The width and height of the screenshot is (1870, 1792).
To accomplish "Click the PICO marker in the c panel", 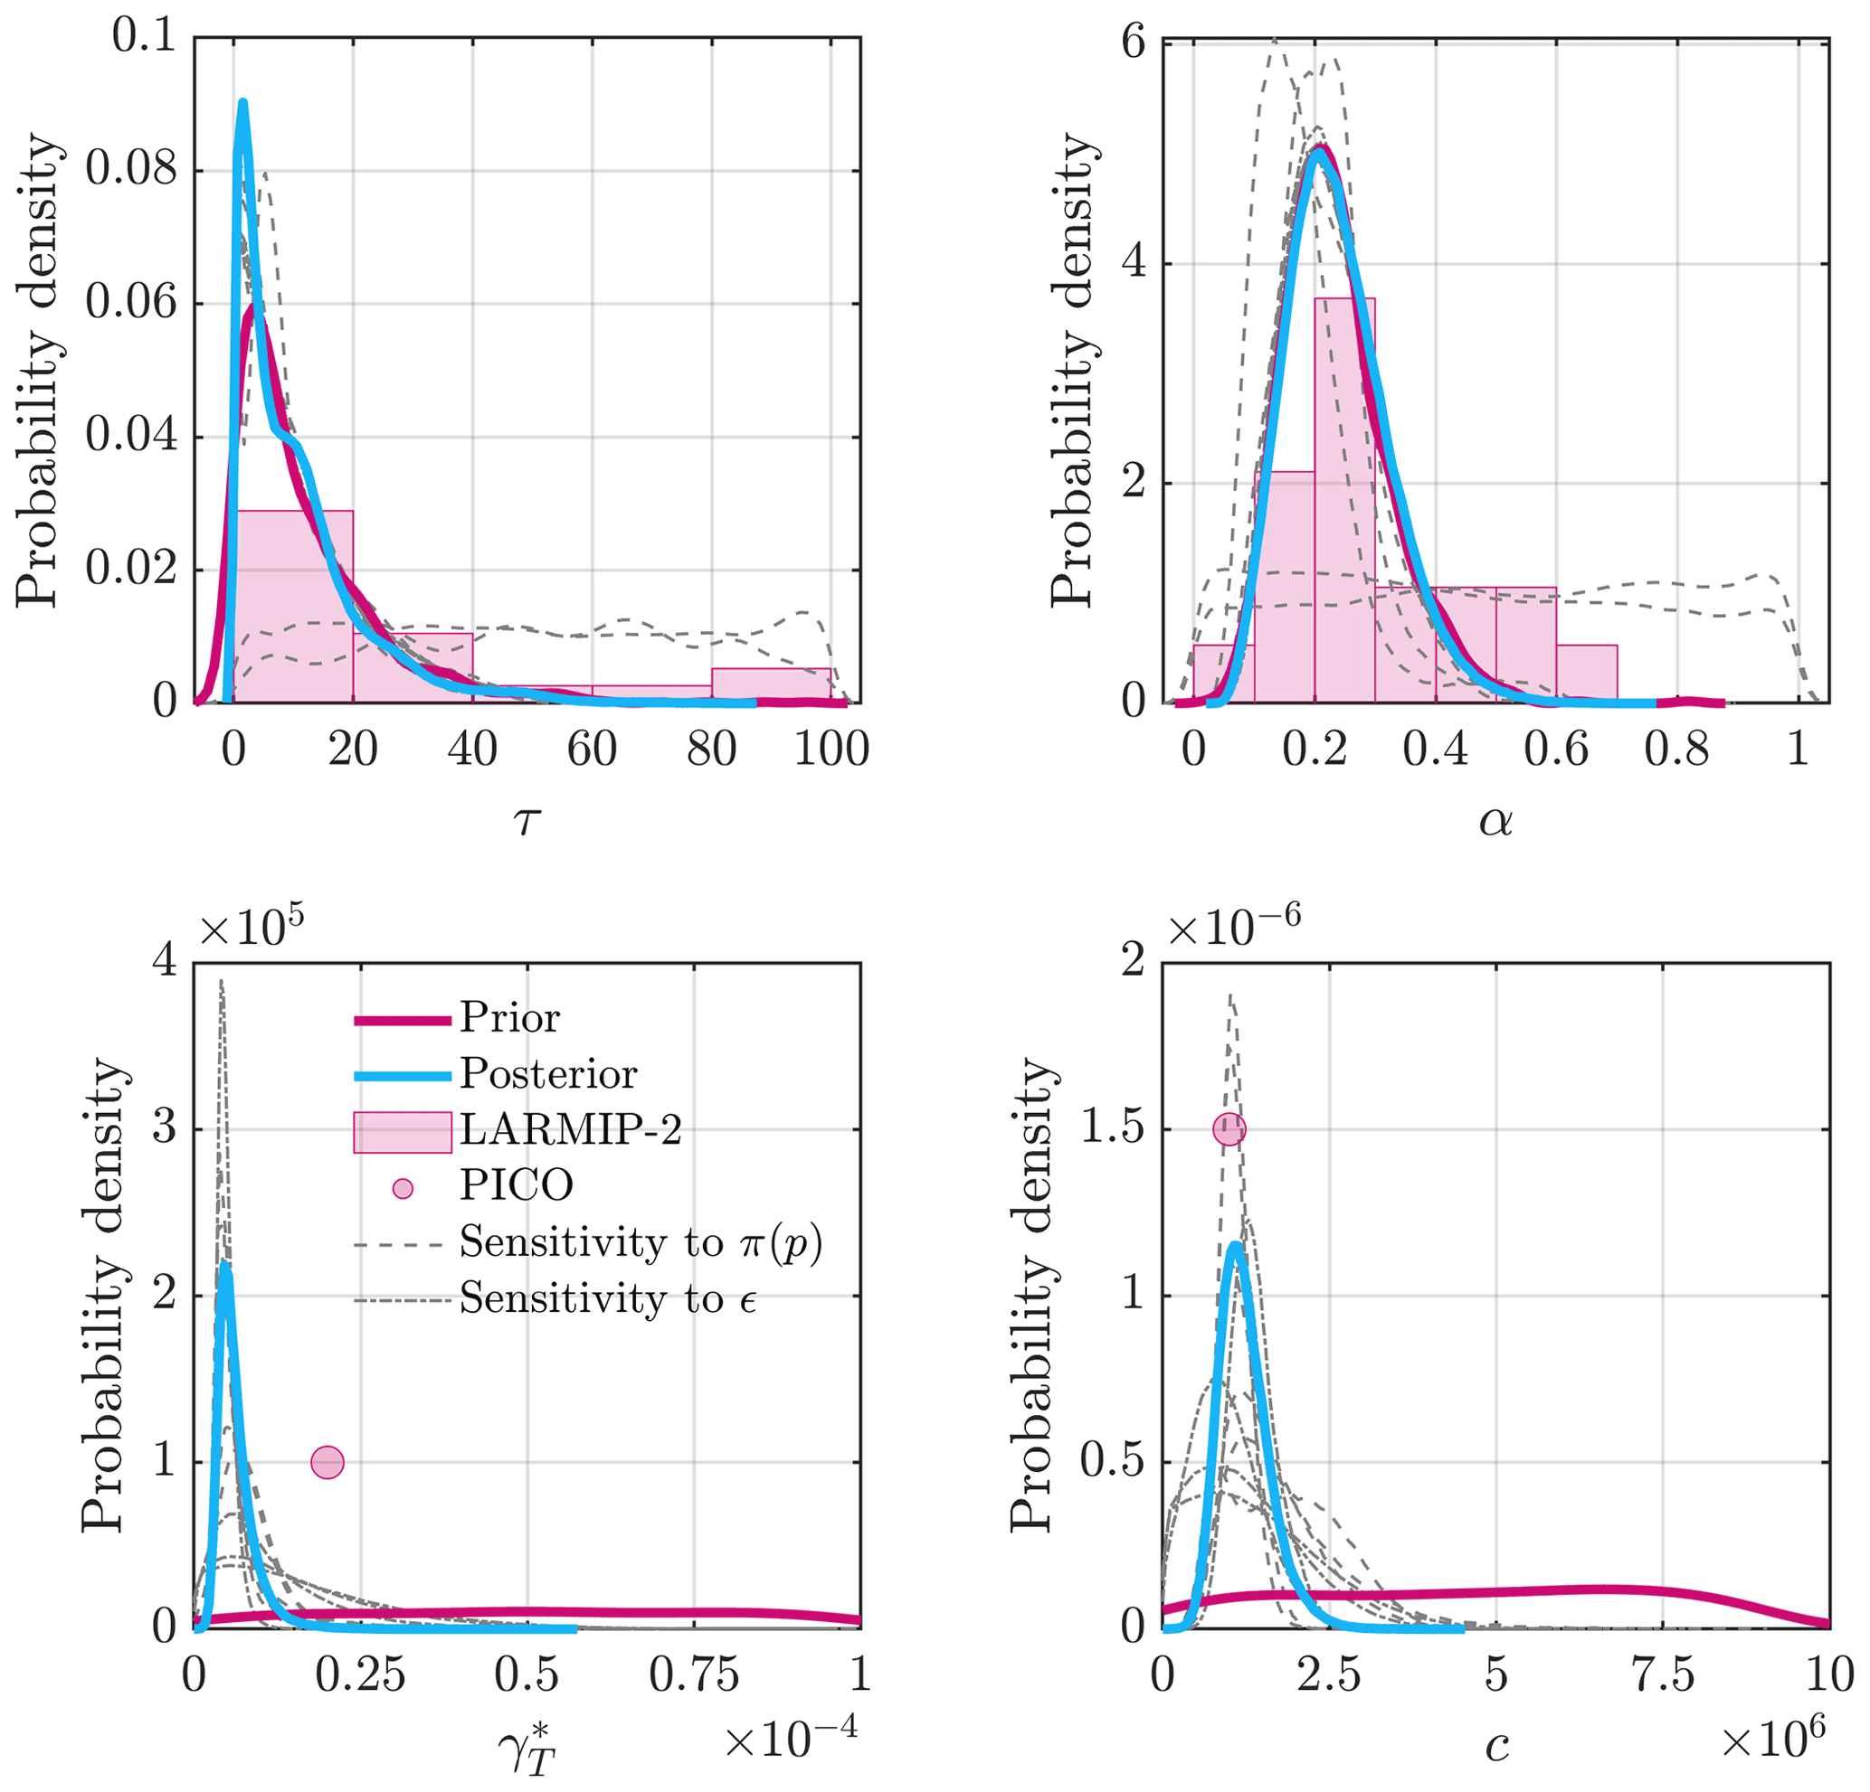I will (x=1229, y=1129).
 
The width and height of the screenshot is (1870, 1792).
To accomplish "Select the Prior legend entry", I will (x=508, y=1019).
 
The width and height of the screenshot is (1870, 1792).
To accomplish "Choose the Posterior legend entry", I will (x=546, y=1074).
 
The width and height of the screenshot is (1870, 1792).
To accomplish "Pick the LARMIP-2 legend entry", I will (x=570, y=1130).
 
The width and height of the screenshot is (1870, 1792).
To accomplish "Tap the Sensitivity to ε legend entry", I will (x=607, y=1299).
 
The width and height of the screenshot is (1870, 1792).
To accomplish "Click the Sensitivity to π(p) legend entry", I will (x=640, y=1242).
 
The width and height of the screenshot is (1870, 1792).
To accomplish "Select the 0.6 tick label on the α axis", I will (x=1556, y=750).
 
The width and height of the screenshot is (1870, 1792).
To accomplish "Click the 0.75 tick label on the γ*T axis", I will (x=694, y=1674).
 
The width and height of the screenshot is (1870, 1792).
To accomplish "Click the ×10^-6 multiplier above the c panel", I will (x=1235, y=927).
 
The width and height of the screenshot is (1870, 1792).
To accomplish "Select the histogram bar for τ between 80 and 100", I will (x=771, y=685).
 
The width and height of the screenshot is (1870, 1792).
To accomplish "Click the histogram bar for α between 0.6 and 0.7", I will (x=1587, y=674).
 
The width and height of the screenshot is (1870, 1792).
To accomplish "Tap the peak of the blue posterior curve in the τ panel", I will (x=243, y=103).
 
